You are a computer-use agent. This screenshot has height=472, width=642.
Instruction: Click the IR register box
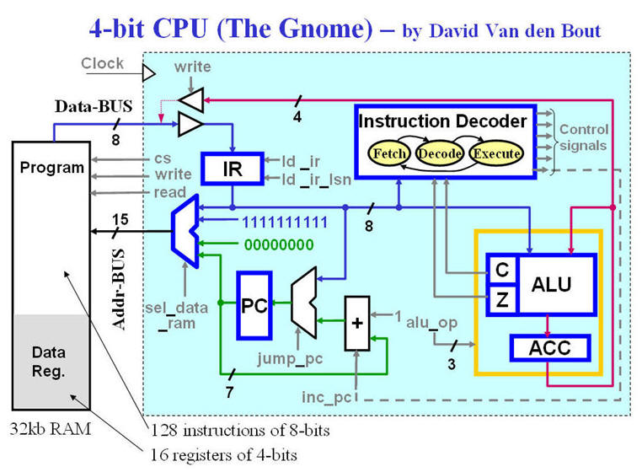tap(233, 169)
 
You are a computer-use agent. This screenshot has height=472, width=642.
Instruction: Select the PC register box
tap(254, 306)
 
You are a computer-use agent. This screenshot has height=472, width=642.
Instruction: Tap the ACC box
tap(550, 348)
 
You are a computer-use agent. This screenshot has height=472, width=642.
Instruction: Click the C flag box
tap(502, 270)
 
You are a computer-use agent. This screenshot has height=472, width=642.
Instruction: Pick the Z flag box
tap(502, 300)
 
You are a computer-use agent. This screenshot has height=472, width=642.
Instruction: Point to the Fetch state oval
tap(389, 153)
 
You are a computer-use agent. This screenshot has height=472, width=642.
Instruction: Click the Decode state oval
tap(439, 153)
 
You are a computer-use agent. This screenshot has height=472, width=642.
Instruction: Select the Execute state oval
tap(496, 153)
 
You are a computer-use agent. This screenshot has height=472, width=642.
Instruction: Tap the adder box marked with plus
tap(357, 324)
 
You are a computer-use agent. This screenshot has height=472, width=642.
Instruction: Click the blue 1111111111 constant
tap(285, 223)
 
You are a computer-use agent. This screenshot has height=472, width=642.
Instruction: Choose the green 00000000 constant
tap(279, 244)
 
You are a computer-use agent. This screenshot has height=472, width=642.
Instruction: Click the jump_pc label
tap(290, 359)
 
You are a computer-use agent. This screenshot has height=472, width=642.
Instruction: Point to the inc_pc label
tap(326, 397)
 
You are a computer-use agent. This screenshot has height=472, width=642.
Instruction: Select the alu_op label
tap(431, 324)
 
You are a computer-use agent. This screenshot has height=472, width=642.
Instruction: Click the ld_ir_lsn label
tap(317, 180)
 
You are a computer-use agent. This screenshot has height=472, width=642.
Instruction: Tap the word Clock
tap(102, 63)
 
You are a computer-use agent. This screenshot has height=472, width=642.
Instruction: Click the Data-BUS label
tap(94, 106)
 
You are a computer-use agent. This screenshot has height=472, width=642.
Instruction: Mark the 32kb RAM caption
tap(51, 429)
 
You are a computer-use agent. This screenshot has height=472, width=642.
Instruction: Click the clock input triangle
tap(148, 74)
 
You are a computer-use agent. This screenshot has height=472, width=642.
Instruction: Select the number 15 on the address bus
tap(120, 220)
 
